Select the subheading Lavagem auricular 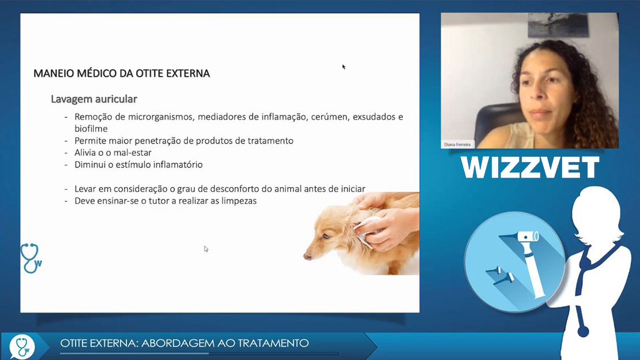pos(94,99)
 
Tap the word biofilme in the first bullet pos(91,129)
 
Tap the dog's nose pos(307,257)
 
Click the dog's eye pos(326,236)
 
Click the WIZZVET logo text pos(530,167)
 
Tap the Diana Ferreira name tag pos(457,144)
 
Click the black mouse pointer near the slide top pos(344,66)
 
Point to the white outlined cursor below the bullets pos(206,249)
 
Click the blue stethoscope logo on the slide pos(31,258)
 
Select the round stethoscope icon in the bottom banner pos(22,347)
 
